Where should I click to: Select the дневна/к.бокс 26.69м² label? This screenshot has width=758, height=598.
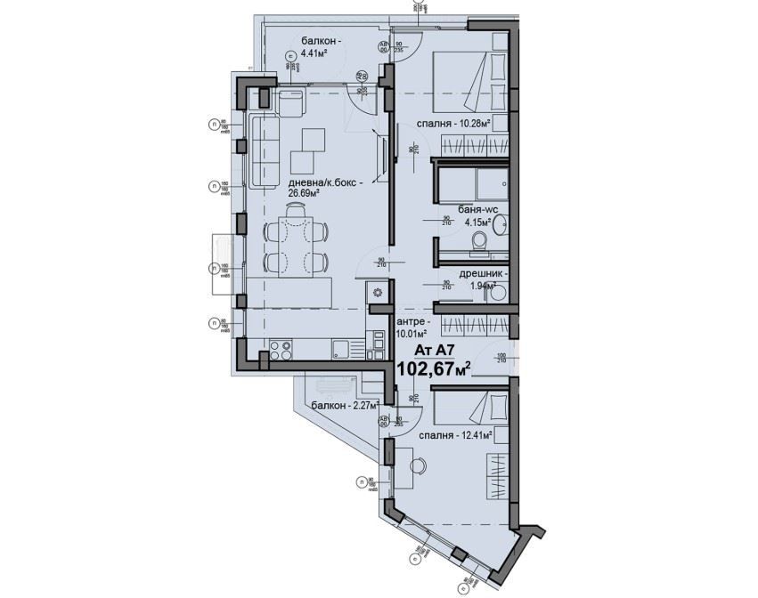point(322,186)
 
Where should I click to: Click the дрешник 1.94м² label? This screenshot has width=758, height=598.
point(482,280)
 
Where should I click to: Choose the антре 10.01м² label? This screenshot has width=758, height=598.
point(412,328)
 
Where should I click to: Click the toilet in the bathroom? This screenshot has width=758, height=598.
point(479,241)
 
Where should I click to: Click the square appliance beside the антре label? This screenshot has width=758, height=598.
point(378,293)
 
